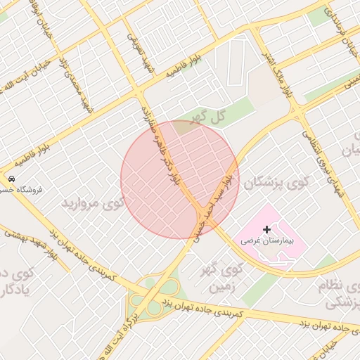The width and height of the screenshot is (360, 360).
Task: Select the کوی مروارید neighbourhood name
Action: click(x=93, y=203)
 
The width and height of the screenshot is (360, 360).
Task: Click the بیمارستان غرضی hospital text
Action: click(x=267, y=240)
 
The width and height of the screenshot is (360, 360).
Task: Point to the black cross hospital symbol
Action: click(x=266, y=229)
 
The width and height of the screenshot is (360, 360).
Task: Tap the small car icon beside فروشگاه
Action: click(x=12, y=179)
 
